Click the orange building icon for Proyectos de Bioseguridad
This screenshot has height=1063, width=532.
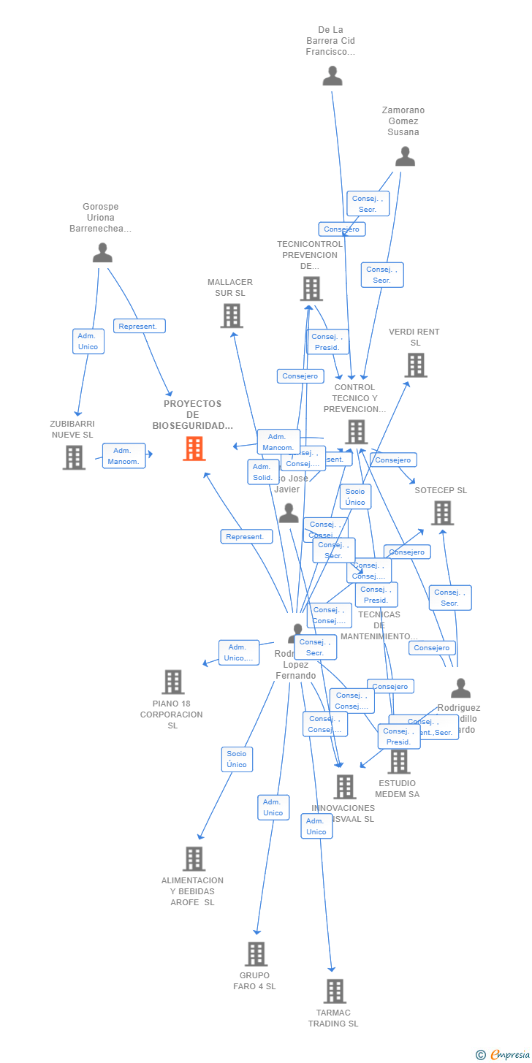pyautogui.click(x=194, y=449)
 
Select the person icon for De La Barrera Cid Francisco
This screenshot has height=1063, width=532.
pyautogui.click(x=332, y=76)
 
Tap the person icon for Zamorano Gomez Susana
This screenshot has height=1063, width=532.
pyautogui.click(x=405, y=156)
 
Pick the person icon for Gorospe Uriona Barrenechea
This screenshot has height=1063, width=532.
pyautogui.click(x=102, y=253)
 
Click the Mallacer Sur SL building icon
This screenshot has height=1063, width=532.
pyautogui.click(x=232, y=316)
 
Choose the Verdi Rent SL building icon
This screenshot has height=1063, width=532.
pyautogui.click(x=416, y=365)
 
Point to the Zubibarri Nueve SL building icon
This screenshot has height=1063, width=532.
pyautogui.click(x=74, y=457)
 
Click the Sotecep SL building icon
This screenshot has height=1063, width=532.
pyautogui.click(x=442, y=513)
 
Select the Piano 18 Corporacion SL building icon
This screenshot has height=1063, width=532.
pyautogui.click(x=173, y=682)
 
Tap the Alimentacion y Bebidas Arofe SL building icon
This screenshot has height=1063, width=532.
pyautogui.click(x=194, y=858)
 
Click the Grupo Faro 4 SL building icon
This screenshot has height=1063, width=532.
pyautogui.click(x=256, y=953)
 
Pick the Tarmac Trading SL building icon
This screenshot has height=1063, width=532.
pyautogui.click(x=335, y=991)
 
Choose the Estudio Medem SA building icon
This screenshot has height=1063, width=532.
pyautogui.click(x=398, y=762)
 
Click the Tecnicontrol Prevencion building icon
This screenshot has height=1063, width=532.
pyautogui.click(x=311, y=289)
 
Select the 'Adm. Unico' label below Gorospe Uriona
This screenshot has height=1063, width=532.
pyautogui.click(x=88, y=341)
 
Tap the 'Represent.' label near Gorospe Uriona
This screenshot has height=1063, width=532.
pyautogui.click(x=139, y=326)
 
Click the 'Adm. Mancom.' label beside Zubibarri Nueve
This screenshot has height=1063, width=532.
pyautogui.click(x=123, y=456)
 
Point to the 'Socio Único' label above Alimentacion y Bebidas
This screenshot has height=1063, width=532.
pyautogui.click(x=237, y=759)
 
